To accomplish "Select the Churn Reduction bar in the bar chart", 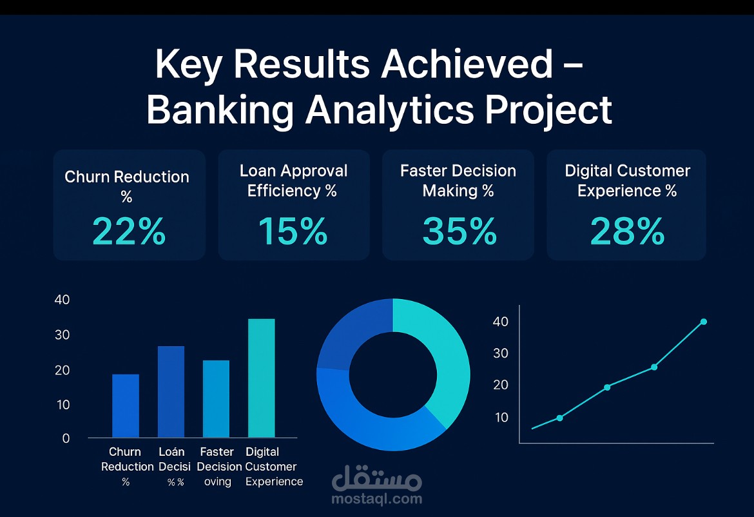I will [126, 405].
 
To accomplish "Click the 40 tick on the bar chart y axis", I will [62, 300].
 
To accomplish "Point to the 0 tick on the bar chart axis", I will [66, 438].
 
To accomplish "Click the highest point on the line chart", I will [703, 322].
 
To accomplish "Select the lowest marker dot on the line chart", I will [559, 418].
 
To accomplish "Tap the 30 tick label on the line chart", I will [501, 353].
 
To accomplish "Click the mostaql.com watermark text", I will [376, 498].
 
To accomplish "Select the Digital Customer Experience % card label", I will [627, 180].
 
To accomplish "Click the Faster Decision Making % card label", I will [458, 180].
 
